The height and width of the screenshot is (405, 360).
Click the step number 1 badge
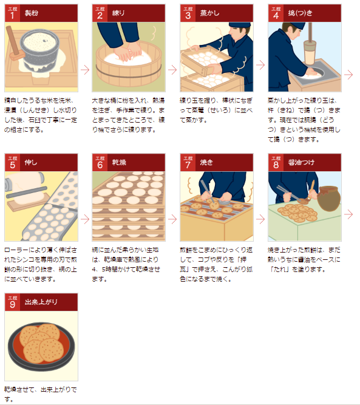[12, 13]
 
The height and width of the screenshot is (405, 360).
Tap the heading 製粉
[32, 13]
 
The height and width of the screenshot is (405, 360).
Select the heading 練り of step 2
[118, 13]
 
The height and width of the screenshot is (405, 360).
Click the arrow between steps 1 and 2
[85, 70]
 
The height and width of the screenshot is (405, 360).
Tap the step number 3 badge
[188, 13]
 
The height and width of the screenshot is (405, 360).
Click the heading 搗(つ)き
[301, 13]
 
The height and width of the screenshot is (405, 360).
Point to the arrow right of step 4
[348, 75]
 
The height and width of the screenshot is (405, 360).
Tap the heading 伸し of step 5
[31, 163]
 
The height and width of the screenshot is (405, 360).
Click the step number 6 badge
[100, 163]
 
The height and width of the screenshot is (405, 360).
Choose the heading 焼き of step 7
[206, 163]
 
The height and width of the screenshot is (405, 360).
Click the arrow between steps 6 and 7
[172, 219]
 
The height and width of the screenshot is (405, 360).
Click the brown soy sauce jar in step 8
[329, 199]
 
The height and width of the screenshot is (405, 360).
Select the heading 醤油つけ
[301, 163]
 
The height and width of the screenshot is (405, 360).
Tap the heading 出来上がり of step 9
[41, 302]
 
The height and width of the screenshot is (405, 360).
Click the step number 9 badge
[12, 302]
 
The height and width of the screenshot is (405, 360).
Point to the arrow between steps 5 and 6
[85, 219]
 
